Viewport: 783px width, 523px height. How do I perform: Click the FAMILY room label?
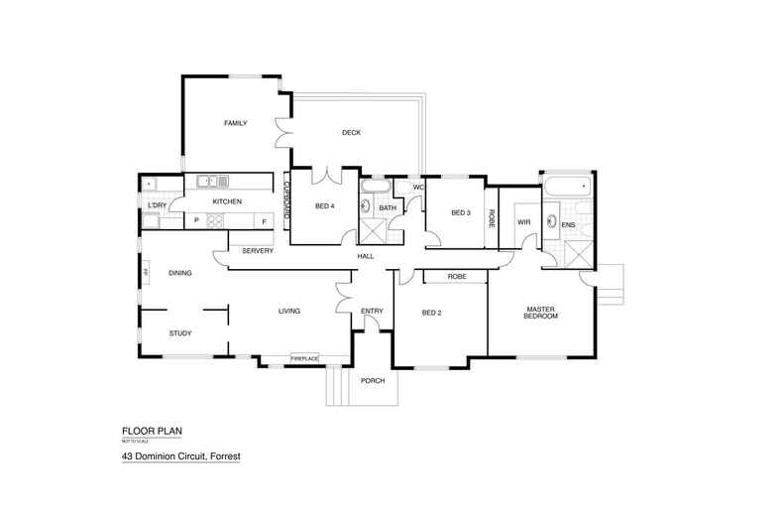point(235,123)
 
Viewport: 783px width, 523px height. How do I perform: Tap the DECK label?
point(350,133)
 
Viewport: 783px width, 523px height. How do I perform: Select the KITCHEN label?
point(227,202)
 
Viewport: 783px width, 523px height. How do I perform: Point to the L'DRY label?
point(156,205)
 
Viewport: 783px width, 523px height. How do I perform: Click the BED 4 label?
point(324,206)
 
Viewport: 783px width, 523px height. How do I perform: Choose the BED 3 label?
point(460,212)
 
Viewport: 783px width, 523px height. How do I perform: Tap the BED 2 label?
point(431,313)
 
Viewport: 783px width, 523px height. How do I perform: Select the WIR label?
point(524,222)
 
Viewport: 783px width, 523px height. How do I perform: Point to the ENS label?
point(569,226)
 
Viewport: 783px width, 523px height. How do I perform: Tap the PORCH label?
point(373,381)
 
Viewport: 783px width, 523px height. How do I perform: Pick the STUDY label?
point(180,333)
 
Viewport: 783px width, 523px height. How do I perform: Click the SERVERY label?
point(258,250)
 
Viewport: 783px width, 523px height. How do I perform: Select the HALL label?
point(366,257)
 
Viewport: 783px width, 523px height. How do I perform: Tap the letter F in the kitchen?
point(264,219)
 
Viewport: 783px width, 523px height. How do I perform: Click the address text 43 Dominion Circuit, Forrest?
point(181,458)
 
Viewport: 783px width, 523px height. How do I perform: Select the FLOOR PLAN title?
point(153,431)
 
